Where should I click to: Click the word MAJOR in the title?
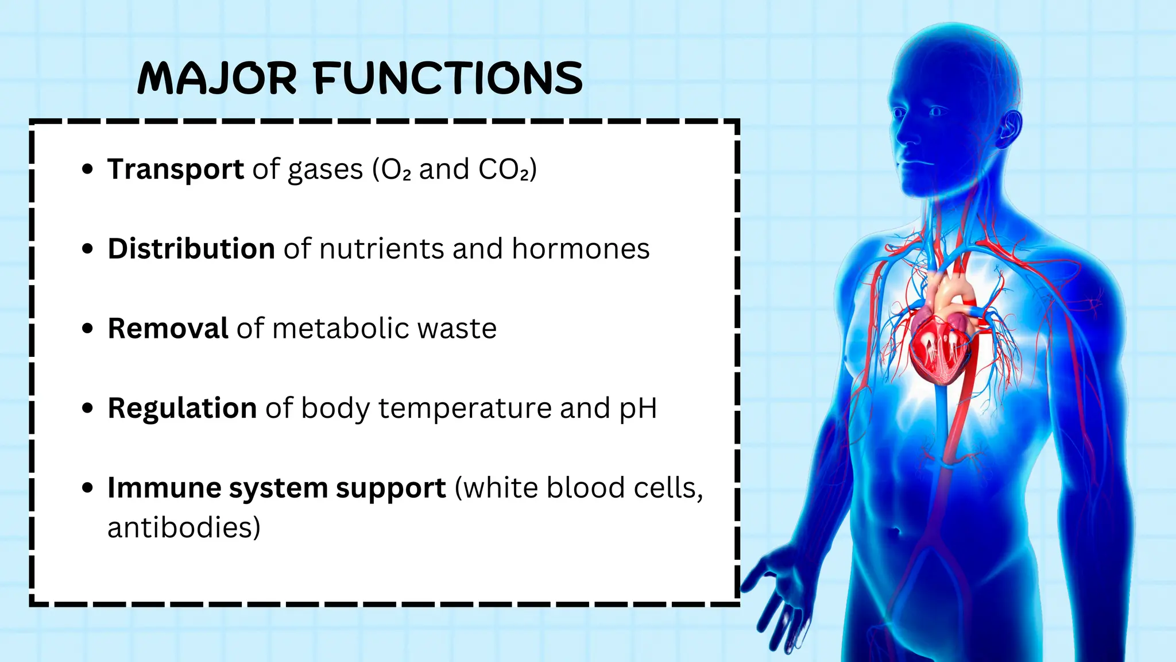pyautogui.click(x=217, y=79)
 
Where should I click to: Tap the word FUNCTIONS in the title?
pyautogui.click(x=448, y=79)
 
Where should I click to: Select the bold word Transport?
pyautogui.click(x=176, y=170)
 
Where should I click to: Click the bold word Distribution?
pyautogui.click(x=191, y=249)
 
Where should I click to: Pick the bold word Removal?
pyautogui.click(x=168, y=329)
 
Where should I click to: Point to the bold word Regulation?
pyautogui.click(x=182, y=408)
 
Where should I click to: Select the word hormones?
pyautogui.click(x=581, y=249)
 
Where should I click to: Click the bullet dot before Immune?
pyautogui.click(x=87, y=488)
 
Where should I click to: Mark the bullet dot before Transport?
pyautogui.click(x=87, y=170)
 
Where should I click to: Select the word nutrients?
pyautogui.click(x=381, y=249)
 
